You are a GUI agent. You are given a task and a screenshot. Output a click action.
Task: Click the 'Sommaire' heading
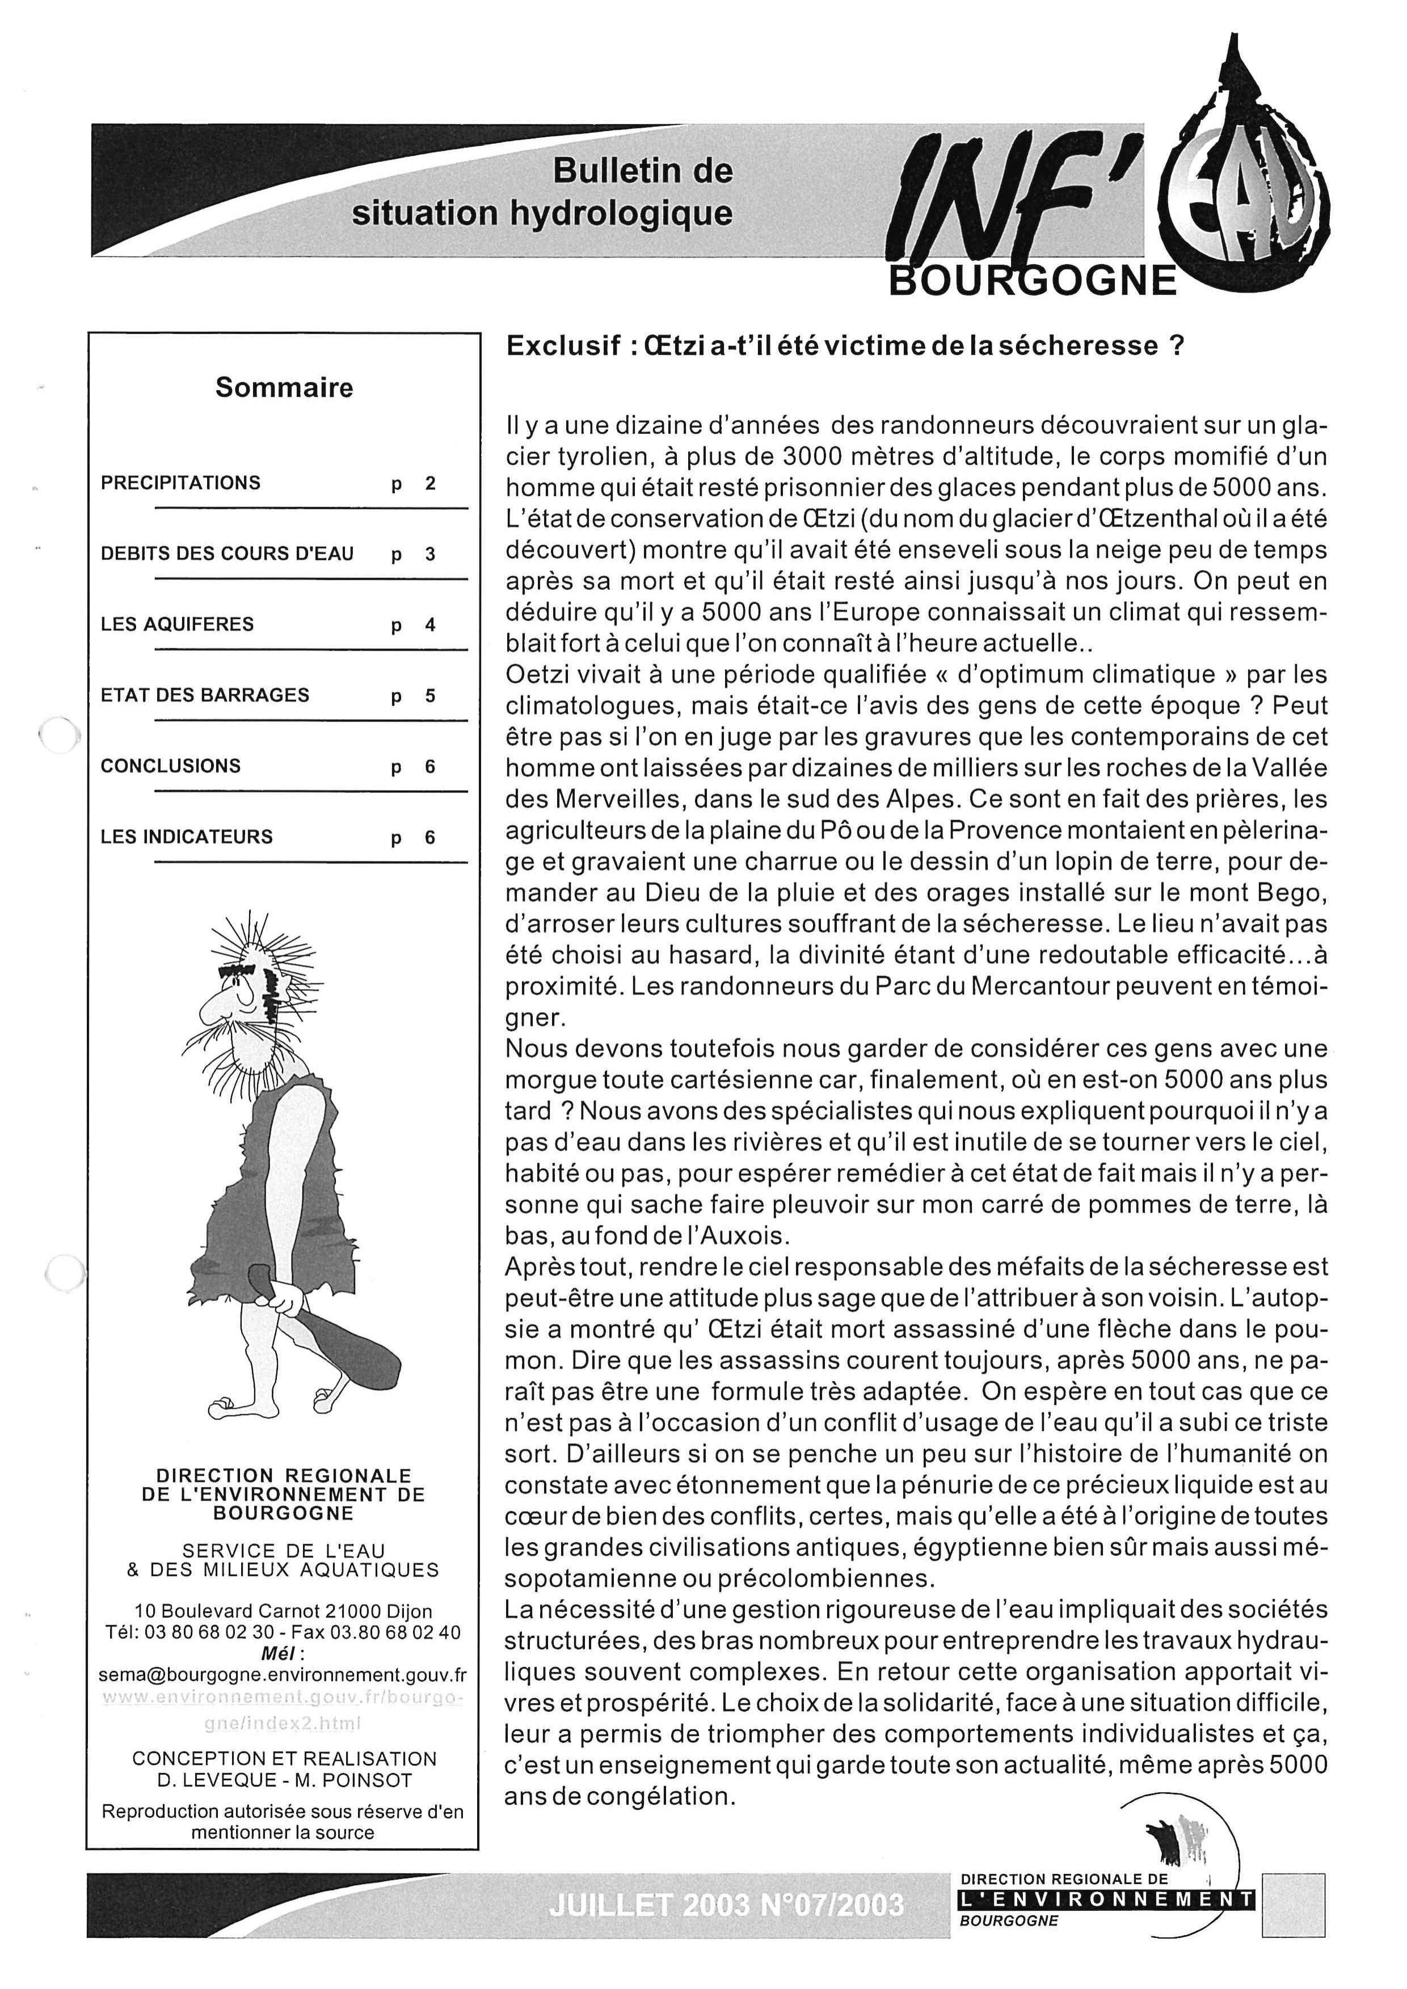[x=284, y=387]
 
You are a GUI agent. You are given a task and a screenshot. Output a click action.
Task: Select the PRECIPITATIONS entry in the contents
[x=180, y=483]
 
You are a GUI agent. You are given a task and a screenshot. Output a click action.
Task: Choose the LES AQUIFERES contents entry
[x=178, y=624]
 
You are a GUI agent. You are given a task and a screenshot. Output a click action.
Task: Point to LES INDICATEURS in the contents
[x=186, y=837]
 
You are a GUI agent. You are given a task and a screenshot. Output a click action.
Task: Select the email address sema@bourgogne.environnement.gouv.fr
[x=283, y=1675]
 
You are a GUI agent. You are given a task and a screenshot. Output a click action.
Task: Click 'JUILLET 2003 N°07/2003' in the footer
[x=726, y=1904]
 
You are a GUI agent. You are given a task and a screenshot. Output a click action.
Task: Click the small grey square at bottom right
[x=1294, y=1902]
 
